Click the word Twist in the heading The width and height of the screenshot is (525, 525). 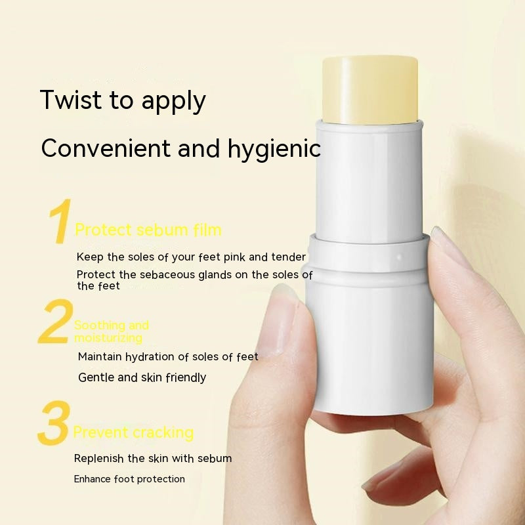tap(72, 100)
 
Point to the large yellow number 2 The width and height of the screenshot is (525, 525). tap(55, 322)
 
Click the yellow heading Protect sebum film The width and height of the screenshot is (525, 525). tap(148, 230)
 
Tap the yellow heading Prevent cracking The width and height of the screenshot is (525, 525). tap(133, 432)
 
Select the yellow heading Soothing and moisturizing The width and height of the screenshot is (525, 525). tap(111, 331)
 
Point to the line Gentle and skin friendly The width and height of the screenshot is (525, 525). tap(142, 377)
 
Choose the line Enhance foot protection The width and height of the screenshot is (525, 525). tap(129, 479)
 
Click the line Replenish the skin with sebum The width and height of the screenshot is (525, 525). tap(153, 458)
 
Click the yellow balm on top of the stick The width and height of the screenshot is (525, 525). tap(371, 89)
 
